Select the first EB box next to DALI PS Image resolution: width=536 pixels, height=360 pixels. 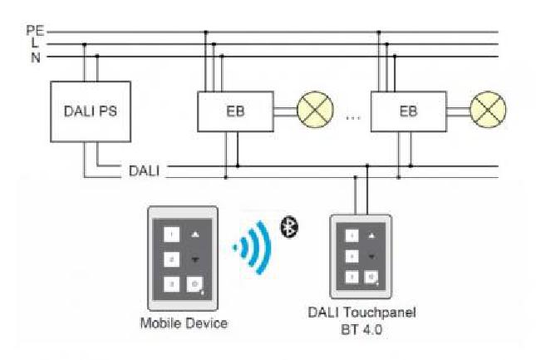pos(235,111)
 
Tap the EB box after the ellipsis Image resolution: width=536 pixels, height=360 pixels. pos(408,111)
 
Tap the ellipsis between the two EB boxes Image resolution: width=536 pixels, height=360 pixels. pos(353,117)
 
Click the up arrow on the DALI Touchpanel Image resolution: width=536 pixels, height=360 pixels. pos(371,237)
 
